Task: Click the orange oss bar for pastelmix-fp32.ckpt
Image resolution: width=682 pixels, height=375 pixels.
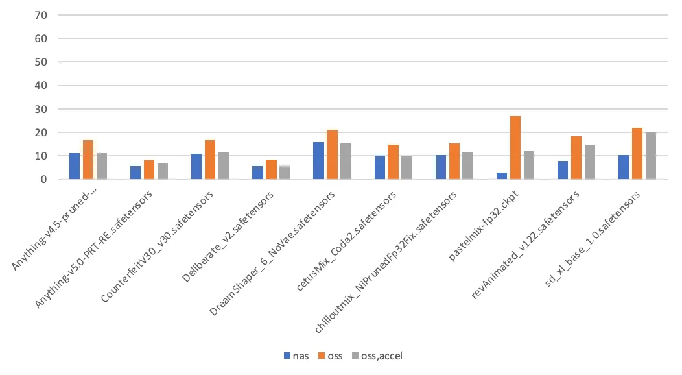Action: tap(515, 148)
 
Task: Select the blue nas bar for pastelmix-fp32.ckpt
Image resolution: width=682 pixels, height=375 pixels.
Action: tap(502, 176)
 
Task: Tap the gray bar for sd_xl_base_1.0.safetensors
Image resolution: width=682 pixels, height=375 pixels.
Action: tap(651, 156)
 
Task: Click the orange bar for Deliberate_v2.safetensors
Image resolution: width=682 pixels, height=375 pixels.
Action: tap(271, 169)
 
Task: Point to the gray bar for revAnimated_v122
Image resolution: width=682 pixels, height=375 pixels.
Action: tap(590, 162)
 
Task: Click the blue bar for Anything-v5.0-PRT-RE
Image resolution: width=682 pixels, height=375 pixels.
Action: tap(135, 173)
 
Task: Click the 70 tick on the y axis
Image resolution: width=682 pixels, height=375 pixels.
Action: tap(41, 15)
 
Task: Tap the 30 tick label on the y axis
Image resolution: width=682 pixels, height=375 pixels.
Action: tap(41, 109)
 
